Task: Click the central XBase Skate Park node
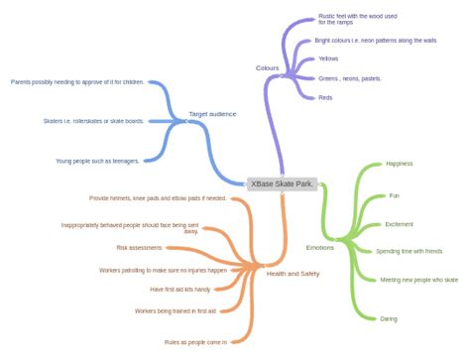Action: coord(283,183)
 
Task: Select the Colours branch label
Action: coord(267,67)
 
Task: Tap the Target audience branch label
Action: coord(212,114)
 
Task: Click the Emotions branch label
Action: coord(319,247)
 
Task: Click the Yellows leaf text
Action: coord(328,59)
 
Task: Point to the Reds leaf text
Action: coord(325,97)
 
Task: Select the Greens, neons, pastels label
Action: coord(349,77)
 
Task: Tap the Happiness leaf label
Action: coord(399,164)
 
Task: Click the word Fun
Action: coord(393,195)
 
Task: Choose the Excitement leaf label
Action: coord(400,224)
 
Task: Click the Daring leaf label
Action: coord(390,318)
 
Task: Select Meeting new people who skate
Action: coord(419,280)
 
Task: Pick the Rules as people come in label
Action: coord(195,341)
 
